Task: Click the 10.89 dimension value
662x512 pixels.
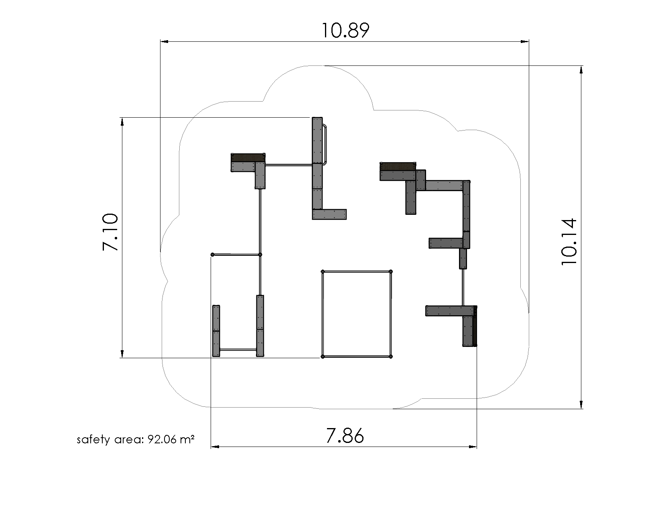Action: pos(345,31)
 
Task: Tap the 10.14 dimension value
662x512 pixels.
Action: pos(569,241)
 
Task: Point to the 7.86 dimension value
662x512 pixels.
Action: pos(345,436)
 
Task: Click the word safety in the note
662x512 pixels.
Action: pos(93,439)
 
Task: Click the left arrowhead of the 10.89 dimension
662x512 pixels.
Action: pos(164,41)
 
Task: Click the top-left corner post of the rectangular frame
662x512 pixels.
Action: pos(323,272)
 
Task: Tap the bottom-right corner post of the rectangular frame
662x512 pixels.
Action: pos(391,357)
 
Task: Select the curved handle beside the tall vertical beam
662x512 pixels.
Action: pos(325,145)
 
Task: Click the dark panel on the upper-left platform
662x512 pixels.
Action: pos(248,157)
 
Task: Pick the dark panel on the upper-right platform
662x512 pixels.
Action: pos(398,166)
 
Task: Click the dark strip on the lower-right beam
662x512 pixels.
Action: pos(475,326)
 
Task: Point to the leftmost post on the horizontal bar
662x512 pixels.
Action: pos(213,255)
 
